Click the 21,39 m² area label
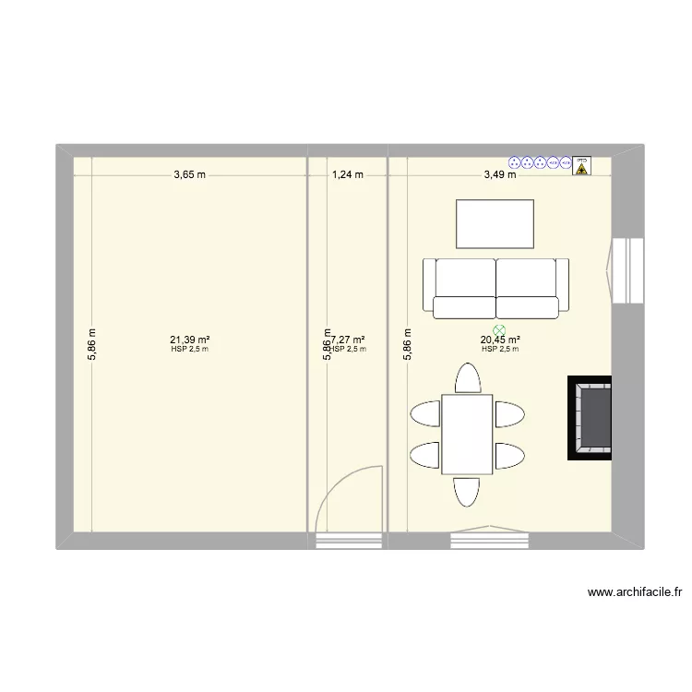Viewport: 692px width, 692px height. (189, 340)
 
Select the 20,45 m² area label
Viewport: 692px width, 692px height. (499, 340)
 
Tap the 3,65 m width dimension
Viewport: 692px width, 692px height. (189, 174)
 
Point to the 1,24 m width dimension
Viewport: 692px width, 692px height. (347, 174)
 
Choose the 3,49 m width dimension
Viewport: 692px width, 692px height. (499, 174)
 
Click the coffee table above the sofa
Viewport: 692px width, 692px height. (495, 224)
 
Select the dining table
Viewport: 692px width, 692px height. (467, 434)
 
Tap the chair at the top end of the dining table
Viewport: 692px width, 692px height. (467, 379)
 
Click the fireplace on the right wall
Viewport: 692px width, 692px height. (591, 418)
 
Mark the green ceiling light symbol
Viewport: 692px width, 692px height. (499, 328)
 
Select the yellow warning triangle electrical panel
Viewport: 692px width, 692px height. (581, 165)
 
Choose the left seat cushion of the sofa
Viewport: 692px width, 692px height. (464, 306)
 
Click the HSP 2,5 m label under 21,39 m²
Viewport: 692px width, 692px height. (189, 349)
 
